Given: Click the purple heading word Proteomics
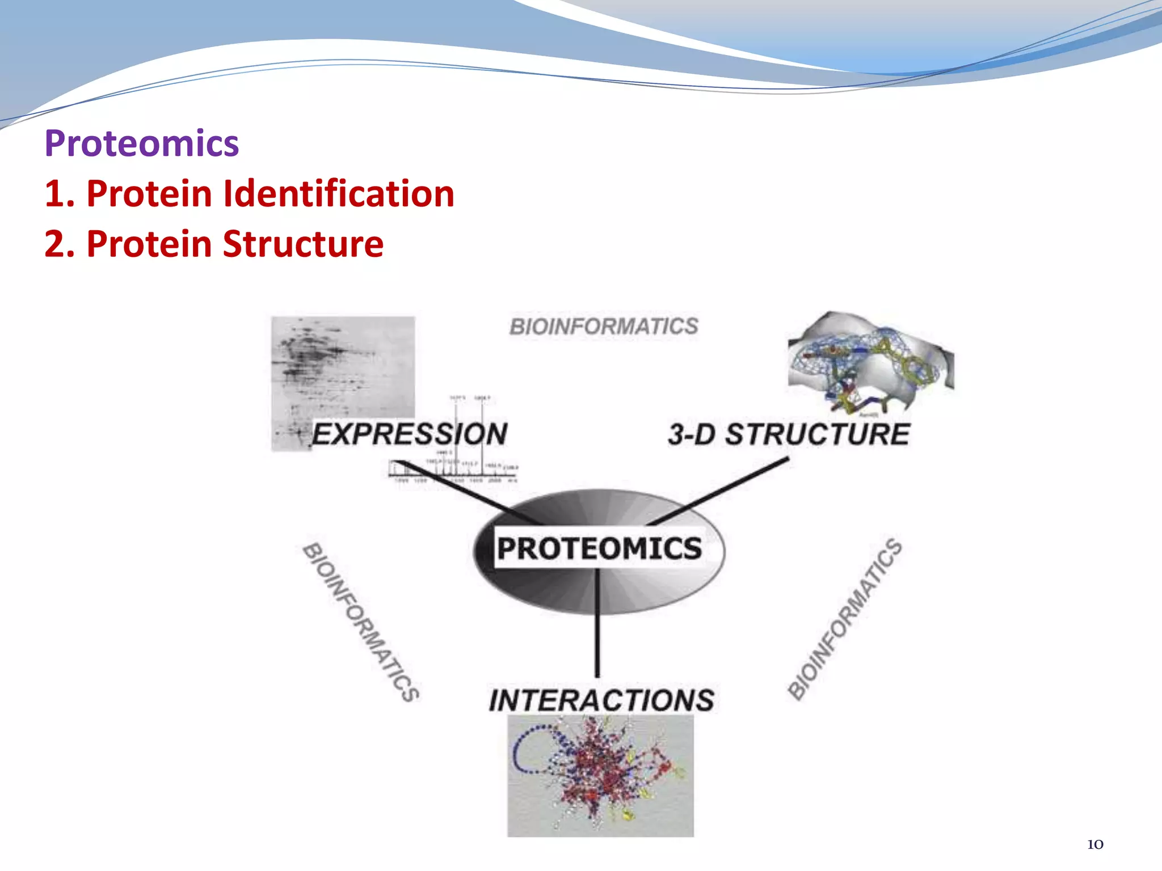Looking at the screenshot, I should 141,143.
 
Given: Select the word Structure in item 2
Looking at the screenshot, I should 303,244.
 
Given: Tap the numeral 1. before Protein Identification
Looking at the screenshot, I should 60,194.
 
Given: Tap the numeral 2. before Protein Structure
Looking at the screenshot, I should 60,244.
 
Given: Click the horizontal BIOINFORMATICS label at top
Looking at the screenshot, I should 604,327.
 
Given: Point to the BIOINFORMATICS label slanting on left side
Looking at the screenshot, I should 361,622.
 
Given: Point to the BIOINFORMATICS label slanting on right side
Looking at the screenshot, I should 845,619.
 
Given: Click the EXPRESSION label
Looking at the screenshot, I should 410,434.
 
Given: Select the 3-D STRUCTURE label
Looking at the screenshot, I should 789,435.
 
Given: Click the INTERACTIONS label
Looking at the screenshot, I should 601,700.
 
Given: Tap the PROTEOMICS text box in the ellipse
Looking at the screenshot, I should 599,548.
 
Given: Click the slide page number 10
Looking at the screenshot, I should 1095,844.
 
